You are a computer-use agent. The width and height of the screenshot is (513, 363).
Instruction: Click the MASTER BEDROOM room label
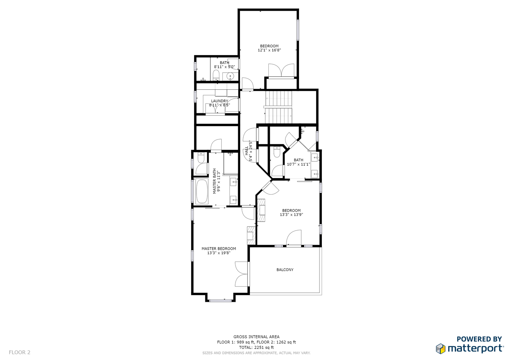[x=219, y=249]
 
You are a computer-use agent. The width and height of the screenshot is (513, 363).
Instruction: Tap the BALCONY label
[x=285, y=270]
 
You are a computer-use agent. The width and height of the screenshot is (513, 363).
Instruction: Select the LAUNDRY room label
[x=219, y=101]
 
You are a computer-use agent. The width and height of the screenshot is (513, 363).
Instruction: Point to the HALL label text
[x=247, y=151]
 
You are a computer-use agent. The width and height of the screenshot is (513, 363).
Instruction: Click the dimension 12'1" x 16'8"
[x=269, y=50]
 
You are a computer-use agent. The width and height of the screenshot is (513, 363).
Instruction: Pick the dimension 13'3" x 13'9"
[x=291, y=215]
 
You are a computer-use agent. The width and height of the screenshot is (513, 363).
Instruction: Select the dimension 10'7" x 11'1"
[x=298, y=164]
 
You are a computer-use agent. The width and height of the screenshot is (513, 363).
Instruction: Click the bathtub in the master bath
[x=202, y=192]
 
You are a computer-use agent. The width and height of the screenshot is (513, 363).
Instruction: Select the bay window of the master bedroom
[x=221, y=300]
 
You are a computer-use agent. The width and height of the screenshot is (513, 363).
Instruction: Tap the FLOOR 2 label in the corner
[x=19, y=353]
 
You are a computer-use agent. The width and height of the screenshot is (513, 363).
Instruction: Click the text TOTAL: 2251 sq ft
[x=256, y=348]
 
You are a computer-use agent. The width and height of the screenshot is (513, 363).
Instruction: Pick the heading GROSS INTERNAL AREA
[x=256, y=337]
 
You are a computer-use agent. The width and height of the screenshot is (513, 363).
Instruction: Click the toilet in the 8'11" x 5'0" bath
[x=216, y=75]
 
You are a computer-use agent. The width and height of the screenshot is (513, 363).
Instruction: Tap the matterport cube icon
[x=440, y=349]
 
